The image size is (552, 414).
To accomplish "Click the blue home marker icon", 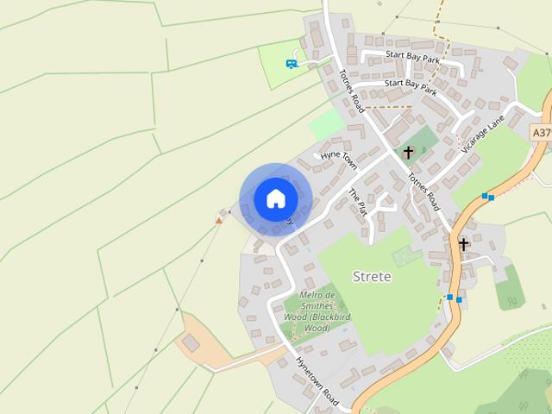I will pyautogui.click(x=275, y=198).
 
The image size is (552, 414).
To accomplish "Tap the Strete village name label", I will pyautogui.click(x=372, y=277).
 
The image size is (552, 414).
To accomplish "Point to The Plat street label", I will pyautogui.click(x=357, y=201).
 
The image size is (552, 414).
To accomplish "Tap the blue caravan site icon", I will pyautogui.click(x=292, y=63).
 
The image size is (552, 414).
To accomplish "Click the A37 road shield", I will pyautogui.click(x=541, y=132).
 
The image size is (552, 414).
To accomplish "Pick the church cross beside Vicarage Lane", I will pyautogui.click(x=408, y=153).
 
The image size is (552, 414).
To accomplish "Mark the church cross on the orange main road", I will pyautogui.click(x=463, y=244).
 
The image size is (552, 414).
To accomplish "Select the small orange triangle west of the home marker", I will pyautogui.click(x=218, y=220).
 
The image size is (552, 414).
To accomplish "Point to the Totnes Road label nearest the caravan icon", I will pyautogui.click(x=353, y=91).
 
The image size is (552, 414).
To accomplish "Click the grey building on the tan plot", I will pyautogui.click(x=191, y=343).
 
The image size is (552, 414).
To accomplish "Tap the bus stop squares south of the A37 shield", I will pyautogui.click(x=488, y=197).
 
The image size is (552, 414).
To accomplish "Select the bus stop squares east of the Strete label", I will pyautogui.click(x=455, y=298).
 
